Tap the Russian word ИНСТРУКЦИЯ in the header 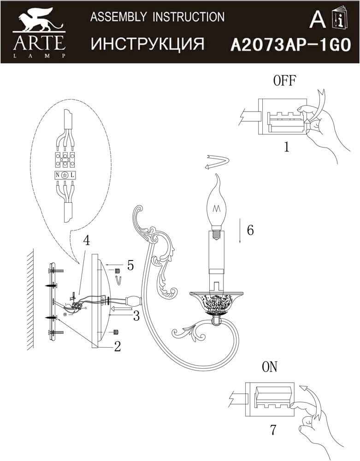click(x=148, y=44)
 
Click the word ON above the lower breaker click(x=271, y=367)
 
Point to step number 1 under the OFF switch click(x=287, y=147)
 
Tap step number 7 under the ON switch click(x=273, y=430)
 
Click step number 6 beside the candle click(x=250, y=230)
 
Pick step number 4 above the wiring click(x=86, y=241)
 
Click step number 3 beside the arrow click(x=136, y=316)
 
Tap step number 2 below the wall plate click(x=118, y=346)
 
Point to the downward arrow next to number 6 click(x=240, y=232)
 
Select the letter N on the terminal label click(x=58, y=175)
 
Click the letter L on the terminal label click(x=72, y=175)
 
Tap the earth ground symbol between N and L click(x=65, y=175)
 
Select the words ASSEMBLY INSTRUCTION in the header click(x=157, y=18)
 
